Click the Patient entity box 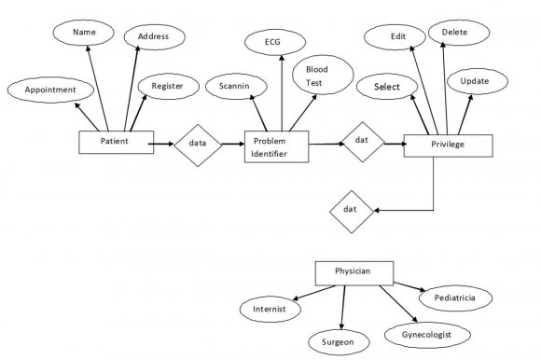116,142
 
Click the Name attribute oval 85,33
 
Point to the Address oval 153,37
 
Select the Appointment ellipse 50,90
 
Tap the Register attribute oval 167,86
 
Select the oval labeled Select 387,88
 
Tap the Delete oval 454,33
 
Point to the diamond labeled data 197,145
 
